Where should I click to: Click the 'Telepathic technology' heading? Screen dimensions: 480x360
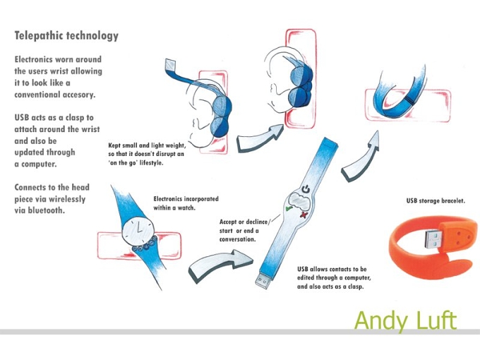pos(66,36)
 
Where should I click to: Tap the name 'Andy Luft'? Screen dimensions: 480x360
pos(406,320)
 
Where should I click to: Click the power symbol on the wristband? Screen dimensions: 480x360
pos(306,189)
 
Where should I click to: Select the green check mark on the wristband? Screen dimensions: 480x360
pos(289,209)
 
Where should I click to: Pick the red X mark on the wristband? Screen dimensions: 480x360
pos(304,215)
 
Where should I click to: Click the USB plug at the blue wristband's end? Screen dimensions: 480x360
pos(263,281)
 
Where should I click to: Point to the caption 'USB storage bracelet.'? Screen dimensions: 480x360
pos(436,200)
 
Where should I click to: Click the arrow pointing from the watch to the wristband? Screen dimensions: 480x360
pos(220,265)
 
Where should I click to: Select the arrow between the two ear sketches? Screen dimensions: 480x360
pos(260,138)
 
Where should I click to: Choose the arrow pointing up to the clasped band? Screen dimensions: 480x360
pos(361,157)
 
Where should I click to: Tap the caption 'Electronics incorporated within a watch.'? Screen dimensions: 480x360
pos(186,203)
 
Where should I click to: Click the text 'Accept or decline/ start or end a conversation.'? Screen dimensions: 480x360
pos(245,231)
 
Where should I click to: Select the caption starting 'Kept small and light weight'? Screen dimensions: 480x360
pos(147,154)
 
